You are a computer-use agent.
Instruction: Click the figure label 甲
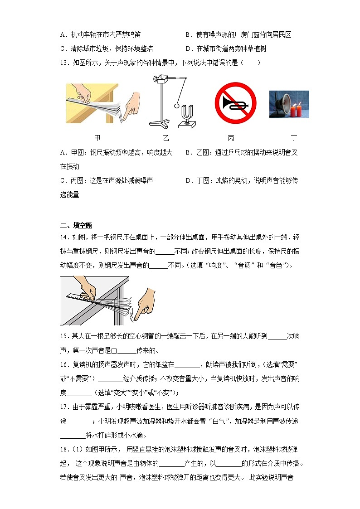pyautogui.click(x=97, y=138)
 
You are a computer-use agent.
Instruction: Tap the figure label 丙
pyautogui.click(x=231, y=138)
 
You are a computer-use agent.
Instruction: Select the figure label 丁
pyautogui.click(x=294, y=138)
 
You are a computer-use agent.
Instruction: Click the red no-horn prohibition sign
pyautogui.click(x=235, y=103)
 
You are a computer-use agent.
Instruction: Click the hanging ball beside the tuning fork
pyautogui.click(x=176, y=106)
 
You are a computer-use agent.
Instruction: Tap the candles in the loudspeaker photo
pyautogui.click(x=296, y=110)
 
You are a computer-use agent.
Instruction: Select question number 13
pyautogui.click(x=64, y=63)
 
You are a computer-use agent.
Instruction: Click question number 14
pyautogui.click(x=64, y=237)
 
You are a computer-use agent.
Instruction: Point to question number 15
pyautogui.click(x=64, y=336)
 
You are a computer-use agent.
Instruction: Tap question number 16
pyautogui.click(x=64, y=365)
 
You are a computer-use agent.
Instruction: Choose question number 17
pyautogui.click(x=64, y=407)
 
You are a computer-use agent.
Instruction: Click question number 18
pyautogui.click(x=64, y=450)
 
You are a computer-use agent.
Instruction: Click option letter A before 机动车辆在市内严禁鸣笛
pyautogui.click(x=63, y=34)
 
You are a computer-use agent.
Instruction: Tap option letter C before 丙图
pyautogui.click(x=63, y=180)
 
